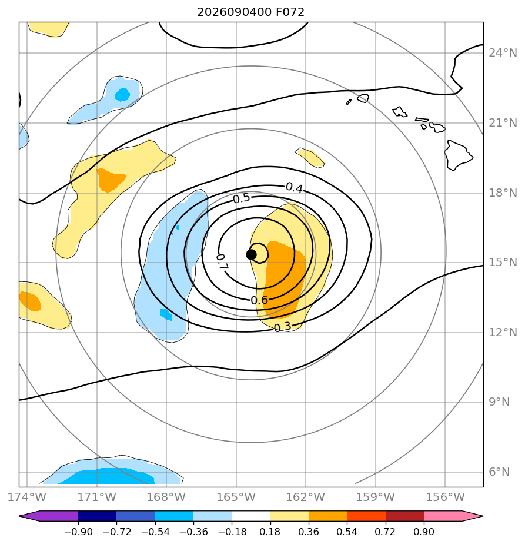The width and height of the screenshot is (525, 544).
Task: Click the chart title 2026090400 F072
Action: pyautogui.click(x=250, y=12)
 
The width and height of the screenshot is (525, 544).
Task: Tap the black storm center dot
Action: pyautogui.click(x=251, y=255)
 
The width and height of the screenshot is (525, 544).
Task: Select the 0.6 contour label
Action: pyautogui.click(x=259, y=300)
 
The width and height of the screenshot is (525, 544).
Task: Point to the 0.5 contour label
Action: pyautogui.click(x=241, y=198)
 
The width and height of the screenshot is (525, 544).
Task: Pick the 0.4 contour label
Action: pyautogui.click(x=294, y=188)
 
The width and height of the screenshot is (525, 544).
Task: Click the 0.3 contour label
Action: pyautogui.click(x=282, y=327)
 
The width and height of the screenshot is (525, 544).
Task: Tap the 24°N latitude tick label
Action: pyautogui.click(x=503, y=53)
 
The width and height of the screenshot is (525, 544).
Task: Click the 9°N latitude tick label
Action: pyautogui.click(x=499, y=402)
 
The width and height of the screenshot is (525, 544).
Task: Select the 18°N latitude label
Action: pyautogui.click(x=503, y=193)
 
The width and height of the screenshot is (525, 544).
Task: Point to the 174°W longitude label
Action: pyautogui.click(x=27, y=497)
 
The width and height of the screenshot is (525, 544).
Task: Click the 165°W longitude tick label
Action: pyautogui.click(x=236, y=497)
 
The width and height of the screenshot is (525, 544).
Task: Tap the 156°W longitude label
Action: pyautogui.click(x=445, y=497)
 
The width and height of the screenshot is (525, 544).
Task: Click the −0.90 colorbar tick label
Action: pyautogui.click(x=78, y=532)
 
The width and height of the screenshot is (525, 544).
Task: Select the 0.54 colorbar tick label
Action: pyautogui.click(x=347, y=532)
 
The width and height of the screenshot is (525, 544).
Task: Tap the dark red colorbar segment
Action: pyautogui.click(x=404, y=516)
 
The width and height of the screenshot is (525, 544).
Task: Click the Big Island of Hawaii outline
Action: pyautogui.click(x=457, y=155)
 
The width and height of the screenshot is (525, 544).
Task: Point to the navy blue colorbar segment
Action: pyautogui.click(x=98, y=516)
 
